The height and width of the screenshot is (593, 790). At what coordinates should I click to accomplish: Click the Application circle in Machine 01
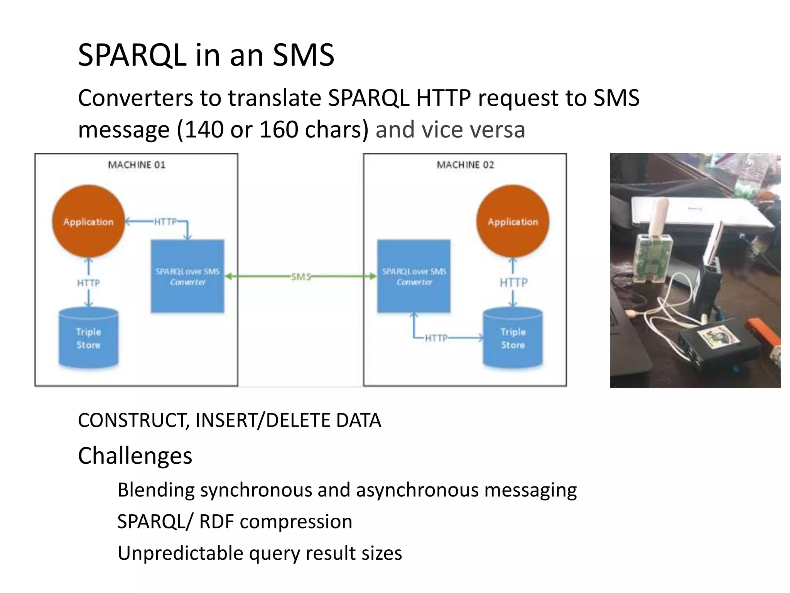point(88,221)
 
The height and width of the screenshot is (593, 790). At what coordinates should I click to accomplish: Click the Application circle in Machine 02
point(513,221)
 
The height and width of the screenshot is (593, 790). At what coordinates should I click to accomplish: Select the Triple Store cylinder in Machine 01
point(88,338)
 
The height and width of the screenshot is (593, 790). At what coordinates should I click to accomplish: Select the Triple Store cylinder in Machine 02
point(513,338)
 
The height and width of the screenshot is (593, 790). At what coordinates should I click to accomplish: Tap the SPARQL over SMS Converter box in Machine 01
point(187,276)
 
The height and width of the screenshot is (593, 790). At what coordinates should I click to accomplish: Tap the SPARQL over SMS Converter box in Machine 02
point(414,276)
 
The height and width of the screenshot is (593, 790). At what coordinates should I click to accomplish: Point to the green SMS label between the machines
point(301,276)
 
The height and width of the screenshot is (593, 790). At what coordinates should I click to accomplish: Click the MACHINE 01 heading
point(137,165)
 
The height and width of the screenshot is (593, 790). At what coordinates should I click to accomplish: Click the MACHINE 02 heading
point(465,165)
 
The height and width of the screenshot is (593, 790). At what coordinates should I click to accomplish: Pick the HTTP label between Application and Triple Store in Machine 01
point(88,283)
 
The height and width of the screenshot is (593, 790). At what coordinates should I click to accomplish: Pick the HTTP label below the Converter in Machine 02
point(437,338)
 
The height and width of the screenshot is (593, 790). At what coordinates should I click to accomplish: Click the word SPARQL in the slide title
point(132,55)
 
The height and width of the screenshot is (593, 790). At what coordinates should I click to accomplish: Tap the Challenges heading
point(135,456)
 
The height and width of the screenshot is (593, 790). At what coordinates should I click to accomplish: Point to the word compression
point(296,522)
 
